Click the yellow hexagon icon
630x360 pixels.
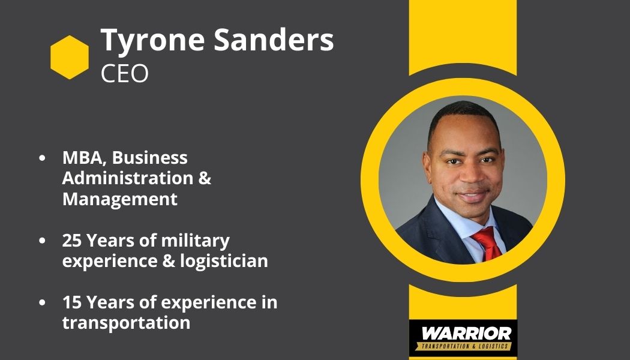click(70, 57)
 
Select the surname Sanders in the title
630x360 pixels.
click(274, 40)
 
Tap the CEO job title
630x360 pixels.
click(125, 74)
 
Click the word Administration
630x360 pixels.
click(128, 178)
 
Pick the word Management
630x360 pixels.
click(120, 199)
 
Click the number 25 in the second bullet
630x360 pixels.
click(72, 241)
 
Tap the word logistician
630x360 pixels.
click(224, 261)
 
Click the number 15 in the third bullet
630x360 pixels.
click(72, 302)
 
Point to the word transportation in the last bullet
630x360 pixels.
click(126, 323)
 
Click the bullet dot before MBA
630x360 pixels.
click(42, 158)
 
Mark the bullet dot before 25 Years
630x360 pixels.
click(42, 241)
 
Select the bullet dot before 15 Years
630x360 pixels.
click(42, 302)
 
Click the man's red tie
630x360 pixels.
click(487, 244)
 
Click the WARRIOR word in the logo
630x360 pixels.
click(466, 334)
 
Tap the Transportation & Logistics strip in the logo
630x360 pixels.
click(463, 346)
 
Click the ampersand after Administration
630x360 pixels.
click(205, 178)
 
